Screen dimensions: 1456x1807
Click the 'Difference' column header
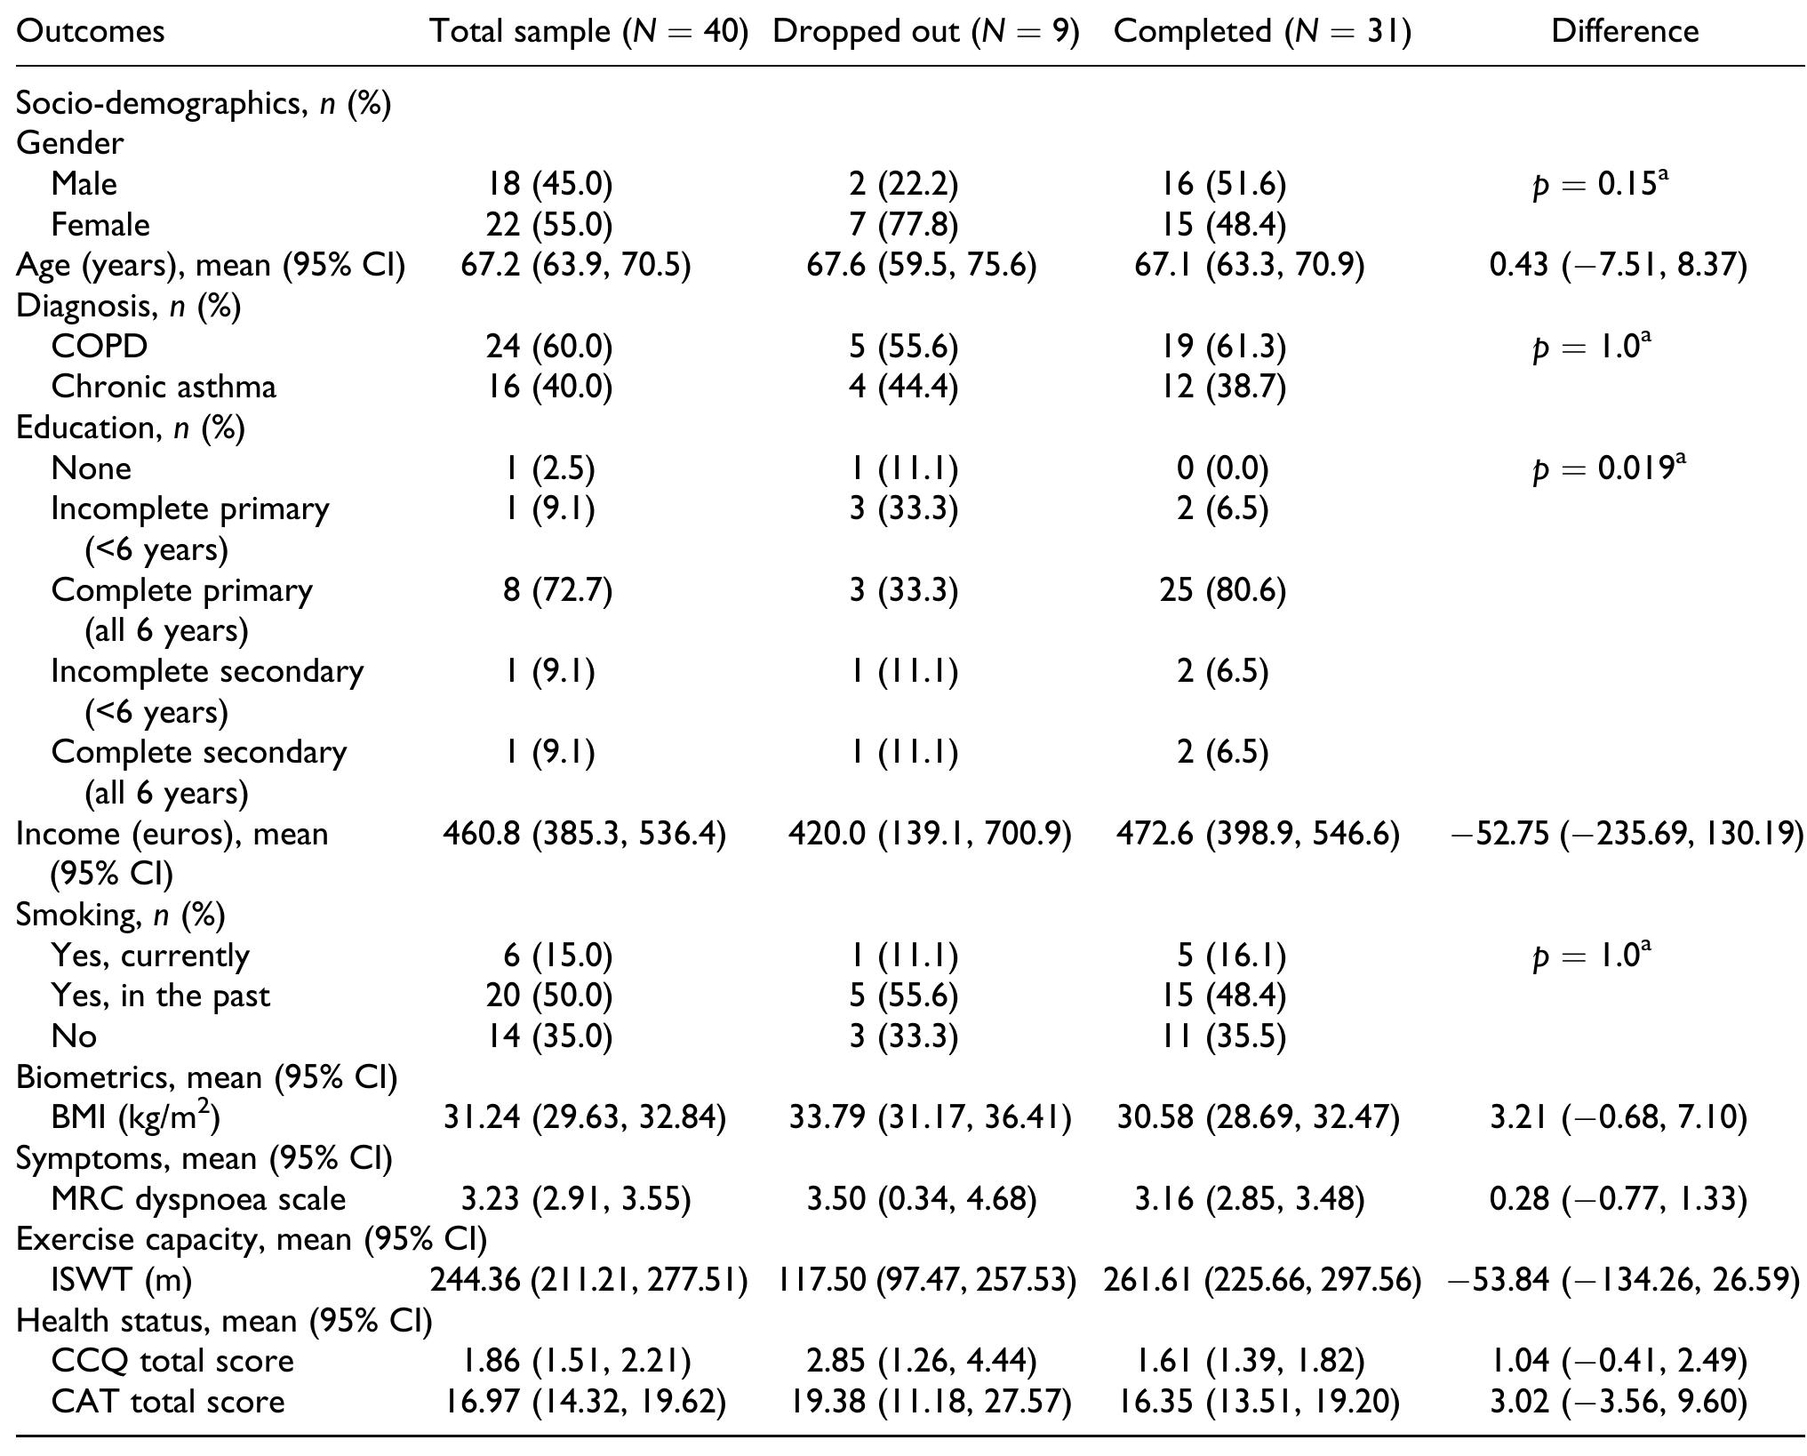tap(1624, 32)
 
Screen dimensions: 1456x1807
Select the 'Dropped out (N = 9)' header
tap(925, 32)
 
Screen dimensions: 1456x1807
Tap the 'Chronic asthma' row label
tap(164, 387)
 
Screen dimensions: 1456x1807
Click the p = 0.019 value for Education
tap(1609, 468)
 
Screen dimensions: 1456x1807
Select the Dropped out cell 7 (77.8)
tap(903, 225)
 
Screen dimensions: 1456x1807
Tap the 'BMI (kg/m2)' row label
tap(135, 1117)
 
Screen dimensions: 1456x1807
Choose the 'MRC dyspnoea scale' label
tap(198, 1199)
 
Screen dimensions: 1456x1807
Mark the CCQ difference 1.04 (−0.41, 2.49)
tap(1618, 1361)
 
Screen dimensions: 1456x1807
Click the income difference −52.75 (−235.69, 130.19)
tap(1626, 835)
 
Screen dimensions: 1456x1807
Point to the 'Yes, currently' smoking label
tap(150, 956)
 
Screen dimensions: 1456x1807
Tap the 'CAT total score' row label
tap(168, 1402)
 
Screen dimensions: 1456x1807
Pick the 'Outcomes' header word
tap(91, 32)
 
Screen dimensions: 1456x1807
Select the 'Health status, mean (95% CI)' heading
tap(224, 1321)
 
